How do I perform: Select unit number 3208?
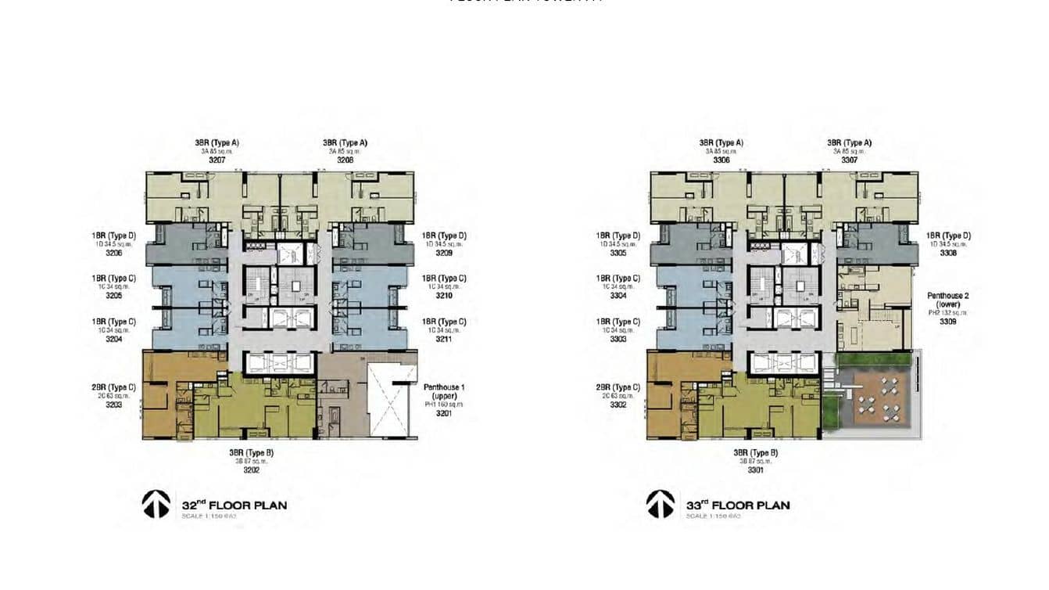[345, 160]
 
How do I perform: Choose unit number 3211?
[444, 339]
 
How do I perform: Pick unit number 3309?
[948, 321]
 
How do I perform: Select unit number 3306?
[721, 160]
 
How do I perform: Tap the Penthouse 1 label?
[444, 387]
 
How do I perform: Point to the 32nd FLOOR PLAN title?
[234, 505]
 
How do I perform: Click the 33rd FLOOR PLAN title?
[738, 505]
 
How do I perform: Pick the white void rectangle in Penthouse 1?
[388, 399]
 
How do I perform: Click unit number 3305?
[618, 253]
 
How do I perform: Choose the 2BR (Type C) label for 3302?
[618, 387]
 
